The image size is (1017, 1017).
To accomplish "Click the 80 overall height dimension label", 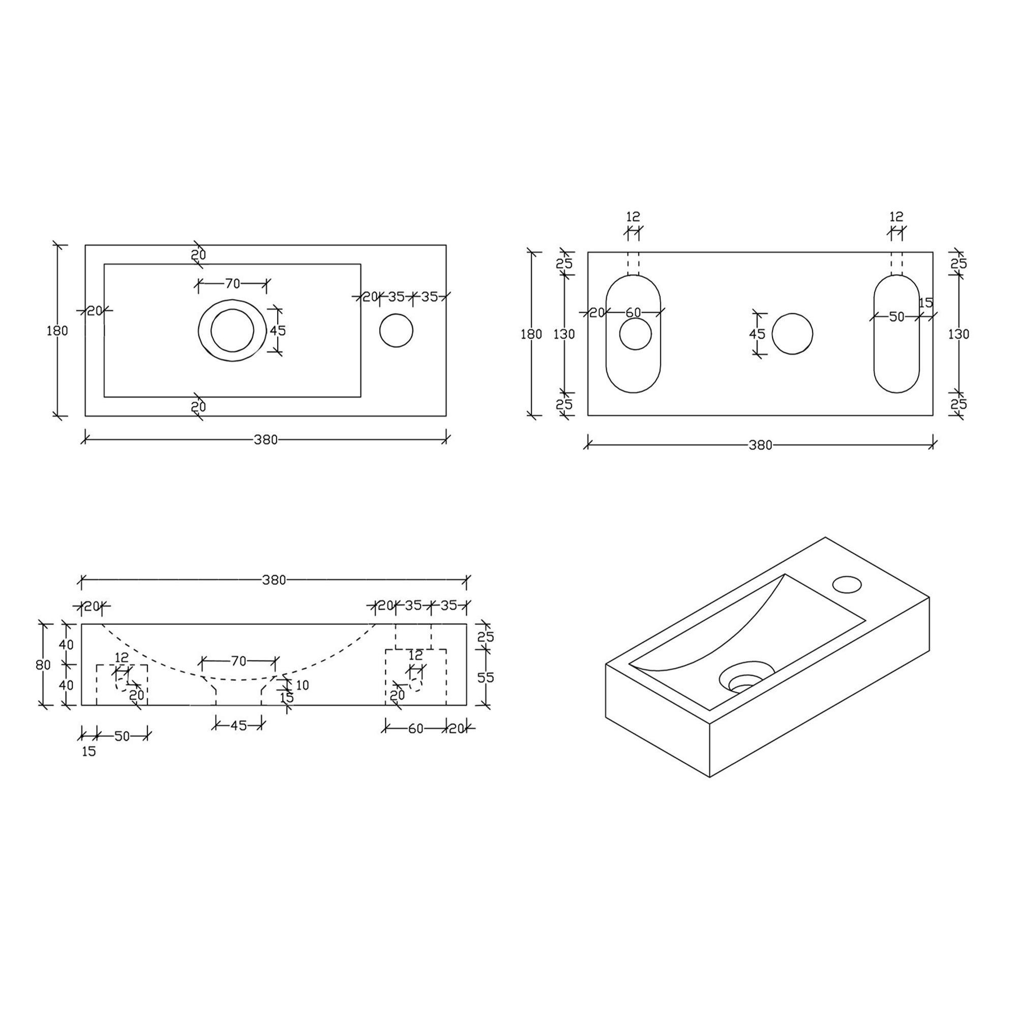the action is coord(43,665).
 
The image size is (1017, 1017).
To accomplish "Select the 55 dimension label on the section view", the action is coord(485,677).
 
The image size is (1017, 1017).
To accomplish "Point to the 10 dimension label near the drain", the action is coord(302,685).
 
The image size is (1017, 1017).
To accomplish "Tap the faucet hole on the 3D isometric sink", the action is coord(847,584).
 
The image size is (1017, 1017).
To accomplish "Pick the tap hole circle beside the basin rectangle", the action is coord(396,331).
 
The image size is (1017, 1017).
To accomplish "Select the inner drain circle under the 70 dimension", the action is coord(232,330).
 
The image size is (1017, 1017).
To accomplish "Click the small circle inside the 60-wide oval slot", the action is coord(635,334).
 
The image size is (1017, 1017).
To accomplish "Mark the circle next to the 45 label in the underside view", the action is coord(792,334).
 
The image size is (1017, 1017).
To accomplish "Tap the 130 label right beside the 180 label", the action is coord(564,334).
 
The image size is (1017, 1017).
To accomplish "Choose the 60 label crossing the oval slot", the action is coord(633,313).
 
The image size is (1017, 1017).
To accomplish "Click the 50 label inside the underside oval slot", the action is coord(896,317).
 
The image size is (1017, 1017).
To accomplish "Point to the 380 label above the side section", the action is coord(274,580).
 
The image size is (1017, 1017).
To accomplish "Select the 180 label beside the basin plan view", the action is coord(57,331).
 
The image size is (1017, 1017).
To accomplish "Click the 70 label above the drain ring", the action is coord(233,284).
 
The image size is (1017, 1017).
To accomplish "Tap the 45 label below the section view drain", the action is coord(238,726).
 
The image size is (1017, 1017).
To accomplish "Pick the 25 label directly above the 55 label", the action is coord(485,637).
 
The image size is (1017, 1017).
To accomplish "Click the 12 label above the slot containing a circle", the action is coord(633,216).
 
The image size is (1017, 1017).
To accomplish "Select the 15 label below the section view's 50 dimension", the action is coord(89,752).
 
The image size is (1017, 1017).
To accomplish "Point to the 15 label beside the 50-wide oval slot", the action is coord(925,303).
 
